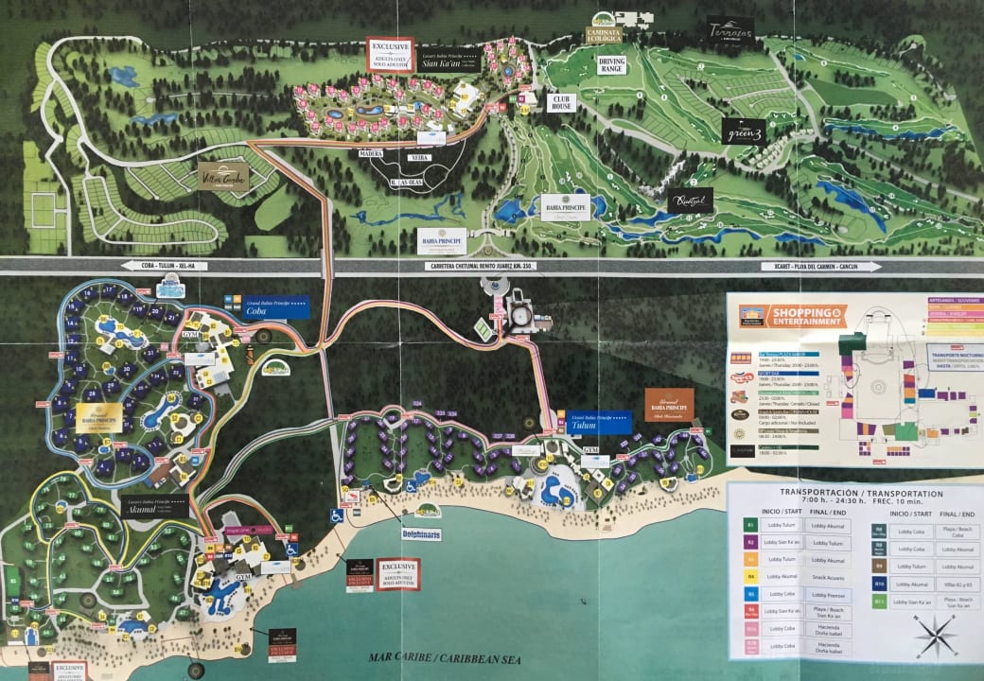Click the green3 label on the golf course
(742, 132)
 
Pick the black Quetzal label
(688, 201)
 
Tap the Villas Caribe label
(223, 176)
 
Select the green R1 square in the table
(750, 522)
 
